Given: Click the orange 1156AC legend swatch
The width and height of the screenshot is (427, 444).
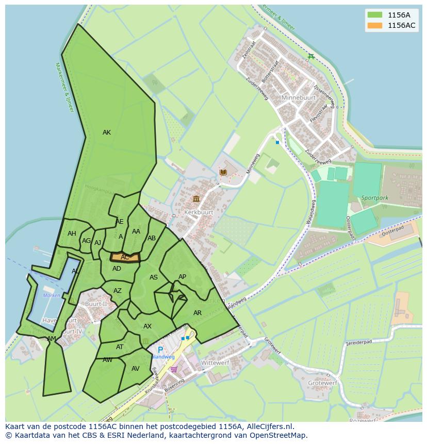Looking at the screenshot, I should tap(375, 25).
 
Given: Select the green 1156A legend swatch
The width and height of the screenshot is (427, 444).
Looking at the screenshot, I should tap(375, 15).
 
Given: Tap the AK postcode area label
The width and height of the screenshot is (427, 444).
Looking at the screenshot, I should tap(106, 133).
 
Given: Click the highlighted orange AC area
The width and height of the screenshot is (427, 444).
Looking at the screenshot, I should tap(125, 257).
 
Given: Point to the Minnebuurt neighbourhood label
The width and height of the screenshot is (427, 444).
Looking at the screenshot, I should tap(298, 97).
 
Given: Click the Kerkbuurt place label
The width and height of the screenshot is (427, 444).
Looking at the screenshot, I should tap(198, 212).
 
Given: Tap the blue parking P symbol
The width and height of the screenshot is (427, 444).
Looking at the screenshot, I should tap(160, 350).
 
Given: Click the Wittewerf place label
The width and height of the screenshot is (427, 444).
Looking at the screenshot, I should tap(215, 363).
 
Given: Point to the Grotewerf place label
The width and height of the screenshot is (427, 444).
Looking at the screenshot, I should tap(322, 383).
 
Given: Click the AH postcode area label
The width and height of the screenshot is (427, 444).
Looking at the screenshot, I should tap(72, 234).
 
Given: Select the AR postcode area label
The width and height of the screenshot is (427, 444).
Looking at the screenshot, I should tap(198, 313).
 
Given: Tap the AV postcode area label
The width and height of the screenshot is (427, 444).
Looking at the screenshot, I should tap(136, 369).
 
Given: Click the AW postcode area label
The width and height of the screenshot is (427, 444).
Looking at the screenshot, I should tap(107, 360).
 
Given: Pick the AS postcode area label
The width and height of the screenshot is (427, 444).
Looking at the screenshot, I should tap(154, 277).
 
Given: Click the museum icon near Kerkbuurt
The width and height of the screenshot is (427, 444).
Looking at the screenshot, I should tap(196, 199).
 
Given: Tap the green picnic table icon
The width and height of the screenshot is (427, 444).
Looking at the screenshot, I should tap(310, 57).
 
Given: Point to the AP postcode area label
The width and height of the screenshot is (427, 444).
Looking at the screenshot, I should tap(182, 277).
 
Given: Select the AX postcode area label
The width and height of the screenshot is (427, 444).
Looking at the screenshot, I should tap(147, 326).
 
